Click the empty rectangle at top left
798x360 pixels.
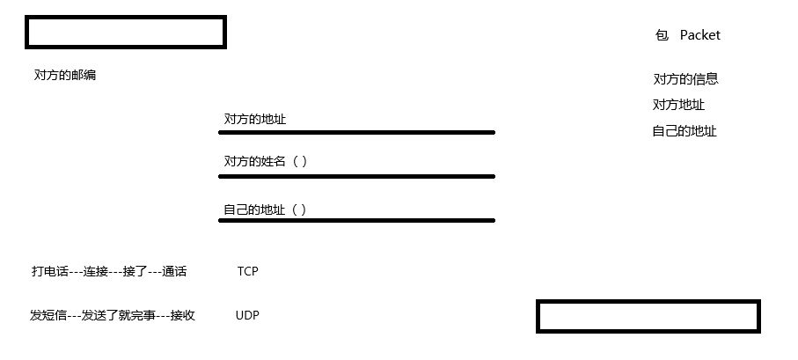tap(126, 33)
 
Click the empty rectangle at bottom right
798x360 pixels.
tap(648, 316)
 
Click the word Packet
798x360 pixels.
tap(699, 35)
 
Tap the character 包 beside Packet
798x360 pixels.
tap(662, 35)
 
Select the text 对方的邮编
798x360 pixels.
tap(65, 76)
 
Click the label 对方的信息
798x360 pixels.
tap(685, 79)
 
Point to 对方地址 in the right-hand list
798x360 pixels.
tap(678, 105)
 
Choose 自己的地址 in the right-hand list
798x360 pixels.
tap(685, 131)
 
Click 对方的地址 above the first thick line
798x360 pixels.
tap(255, 120)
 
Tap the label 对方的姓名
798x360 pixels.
tap(255, 162)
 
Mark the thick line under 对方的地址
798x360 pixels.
tap(356, 133)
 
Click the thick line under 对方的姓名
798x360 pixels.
tap(356, 176)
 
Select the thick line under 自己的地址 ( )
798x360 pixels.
tap(356, 220)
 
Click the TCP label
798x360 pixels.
tap(247, 271)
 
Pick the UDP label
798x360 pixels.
tap(247, 315)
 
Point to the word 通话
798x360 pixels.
tap(174, 272)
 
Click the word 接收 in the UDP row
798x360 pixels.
tap(182, 315)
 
